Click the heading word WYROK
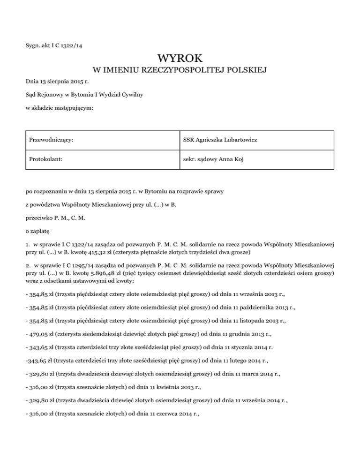(180, 59)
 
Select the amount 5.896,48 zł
(123, 271)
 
